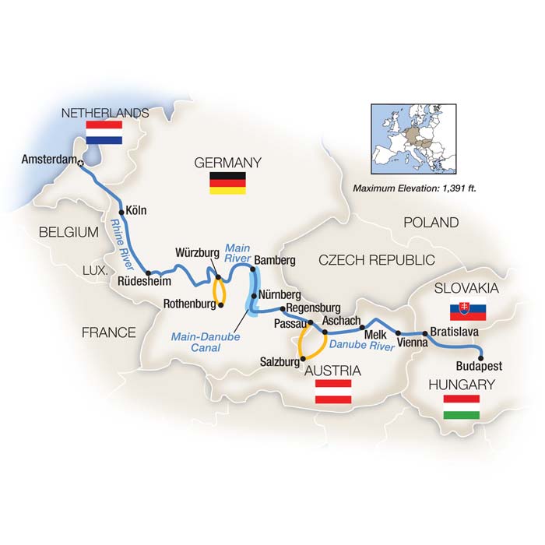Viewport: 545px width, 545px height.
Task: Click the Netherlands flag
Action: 104,132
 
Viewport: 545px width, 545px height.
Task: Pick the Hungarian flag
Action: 462,406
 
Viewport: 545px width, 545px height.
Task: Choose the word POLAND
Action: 431,223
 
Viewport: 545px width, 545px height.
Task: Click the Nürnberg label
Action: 278,295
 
